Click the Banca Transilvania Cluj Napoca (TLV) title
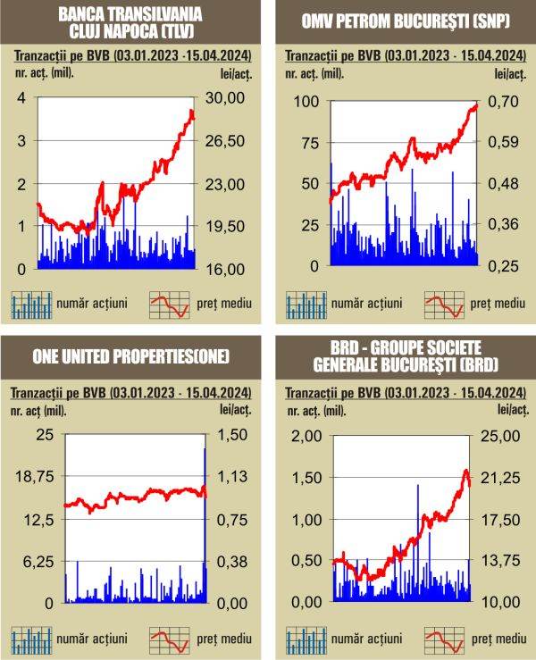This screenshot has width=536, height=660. (130, 22)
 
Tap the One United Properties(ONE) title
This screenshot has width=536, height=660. (130, 356)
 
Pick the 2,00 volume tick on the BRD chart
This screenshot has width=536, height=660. (306, 435)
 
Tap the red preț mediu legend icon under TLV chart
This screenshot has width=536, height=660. (170, 304)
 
